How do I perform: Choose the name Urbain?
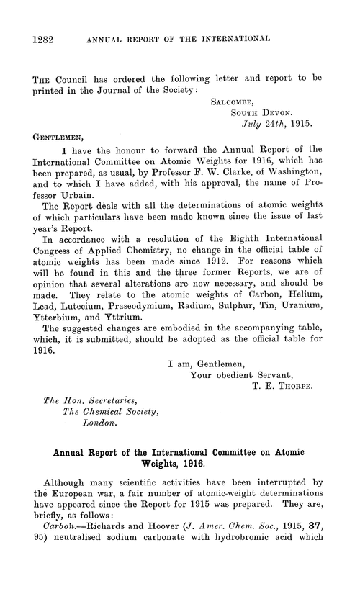pos(69,205)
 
